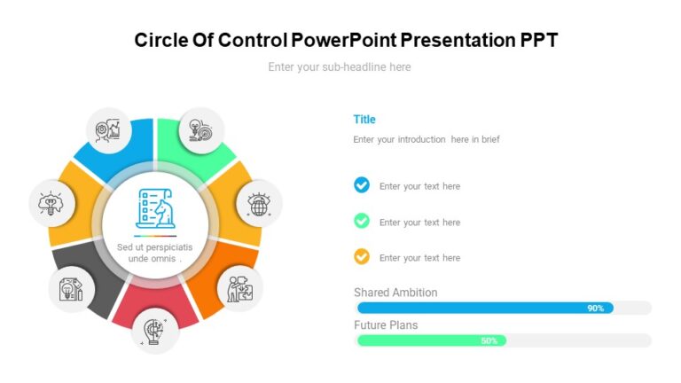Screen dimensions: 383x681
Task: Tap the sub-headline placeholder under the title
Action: click(x=340, y=66)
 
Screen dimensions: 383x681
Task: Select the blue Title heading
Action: click(x=364, y=120)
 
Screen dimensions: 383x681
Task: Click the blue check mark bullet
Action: click(x=362, y=185)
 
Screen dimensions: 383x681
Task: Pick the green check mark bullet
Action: click(x=362, y=221)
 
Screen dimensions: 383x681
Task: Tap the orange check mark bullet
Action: click(x=362, y=257)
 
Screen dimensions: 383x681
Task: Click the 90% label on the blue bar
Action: click(x=595, y=309)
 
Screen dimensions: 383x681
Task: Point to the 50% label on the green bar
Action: click(x=489, y=340)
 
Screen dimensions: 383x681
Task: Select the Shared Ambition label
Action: click(x=395, y=293)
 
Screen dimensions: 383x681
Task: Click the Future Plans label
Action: click(x=386, y=325)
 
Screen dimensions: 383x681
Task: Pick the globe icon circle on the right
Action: click(x=259, y=205)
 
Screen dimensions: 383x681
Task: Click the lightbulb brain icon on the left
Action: click(x=51, y=202)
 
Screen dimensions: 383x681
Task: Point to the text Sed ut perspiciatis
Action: click(x=155, y=246)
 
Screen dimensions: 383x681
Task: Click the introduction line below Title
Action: click(x=427, y=139)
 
